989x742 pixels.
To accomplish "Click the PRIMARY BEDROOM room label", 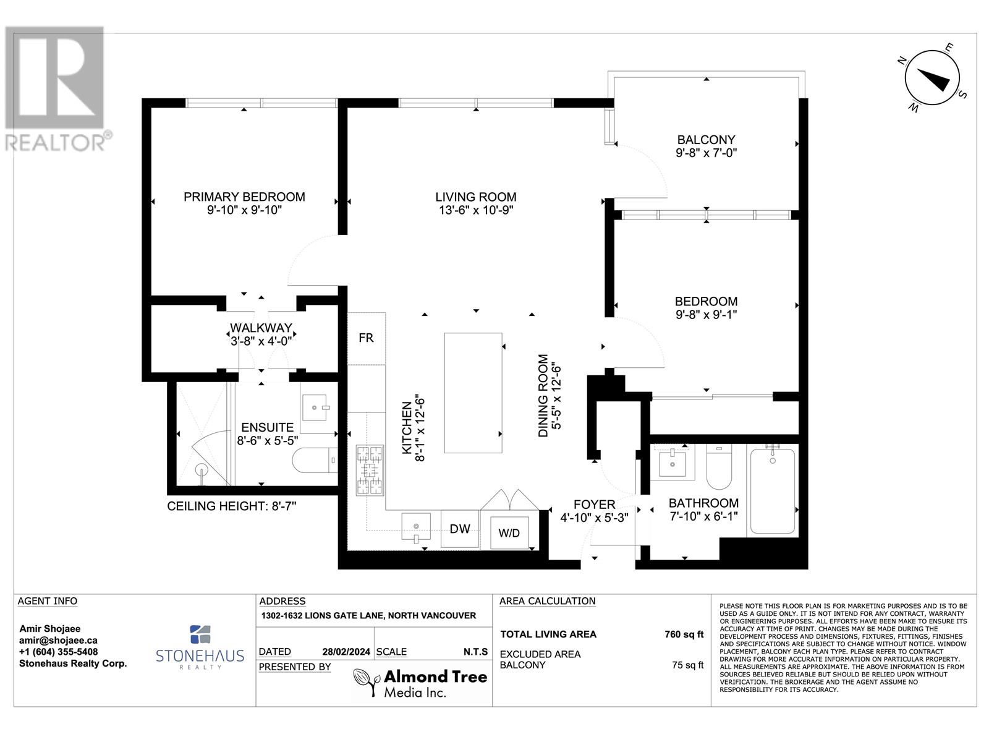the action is pos(244,197).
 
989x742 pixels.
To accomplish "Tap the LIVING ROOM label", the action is pos(476,197).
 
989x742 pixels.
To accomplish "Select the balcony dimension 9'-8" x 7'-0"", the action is pos(706,153).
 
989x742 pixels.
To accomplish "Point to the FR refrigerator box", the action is pos(367,338).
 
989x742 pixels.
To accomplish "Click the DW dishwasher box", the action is pos(460,529).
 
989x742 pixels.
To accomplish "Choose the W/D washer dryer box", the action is pos(509,532).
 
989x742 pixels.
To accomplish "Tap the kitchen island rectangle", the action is pos(473,393).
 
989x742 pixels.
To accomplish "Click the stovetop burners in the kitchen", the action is pos(370,471).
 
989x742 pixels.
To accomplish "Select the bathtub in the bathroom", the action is pos(772,491).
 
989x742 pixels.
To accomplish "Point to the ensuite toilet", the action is pos(315,460).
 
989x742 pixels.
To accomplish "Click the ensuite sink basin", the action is pos(315,407).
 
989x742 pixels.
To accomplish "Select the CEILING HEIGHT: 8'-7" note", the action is pos(232,506).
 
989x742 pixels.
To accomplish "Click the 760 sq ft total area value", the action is pos(684,634).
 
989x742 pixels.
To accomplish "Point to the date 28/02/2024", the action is pos(346,652).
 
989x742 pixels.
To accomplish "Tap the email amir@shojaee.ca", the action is pos(58,640).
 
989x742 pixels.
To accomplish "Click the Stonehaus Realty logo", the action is pos(200,647).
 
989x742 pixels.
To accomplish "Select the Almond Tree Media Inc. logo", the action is pos(420,683).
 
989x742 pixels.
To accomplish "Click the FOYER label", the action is pos(594,505).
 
